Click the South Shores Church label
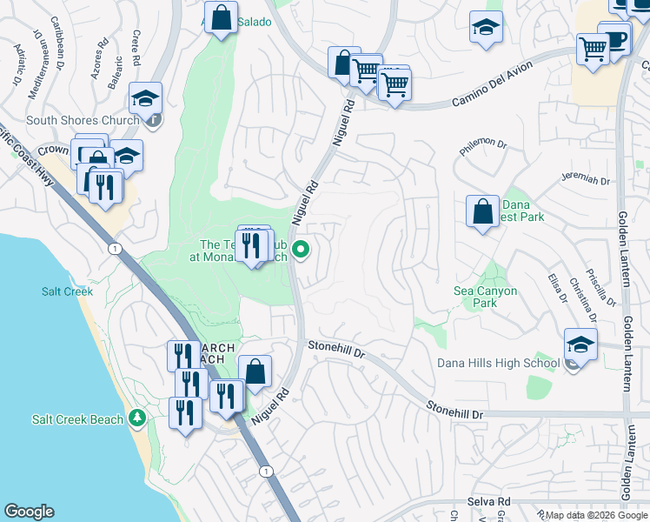pyautogui.click(x=83, y=120)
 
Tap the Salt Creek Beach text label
pyautogui.click(x=77, y=419)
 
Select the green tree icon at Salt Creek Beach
pyautogui.click(x=136, y=419)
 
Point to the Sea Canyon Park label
pyautogui.click(x=486, y=297)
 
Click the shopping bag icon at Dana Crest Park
pyautogui.click(x=482, y=211)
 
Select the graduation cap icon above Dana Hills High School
pyautogui.click(x=580, y=343)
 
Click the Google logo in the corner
pyautogui.click(x=28, y=512)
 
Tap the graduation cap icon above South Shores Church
pyautogui.click(x=146, y=97)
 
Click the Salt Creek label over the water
pyautogui.click(x=67, y=291)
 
